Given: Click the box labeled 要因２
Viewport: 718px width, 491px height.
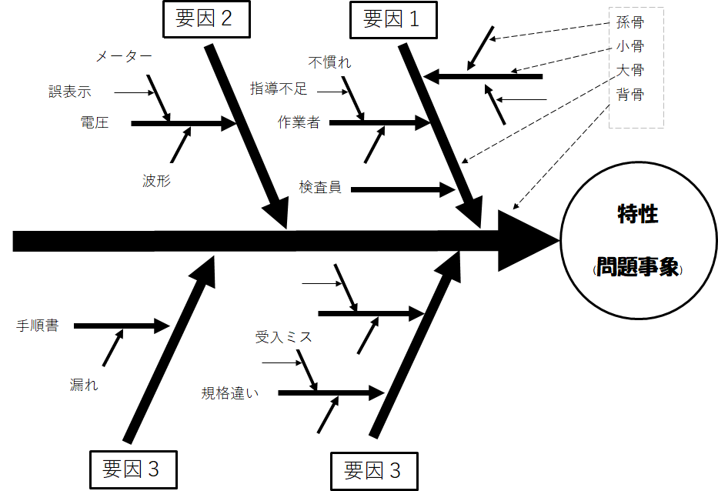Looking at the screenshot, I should coord(207,19).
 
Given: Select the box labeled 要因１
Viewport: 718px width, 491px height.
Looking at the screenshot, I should coord(392,19).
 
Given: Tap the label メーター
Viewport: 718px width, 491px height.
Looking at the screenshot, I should coord(123,57).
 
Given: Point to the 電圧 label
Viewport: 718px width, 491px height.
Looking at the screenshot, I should coord(94,122).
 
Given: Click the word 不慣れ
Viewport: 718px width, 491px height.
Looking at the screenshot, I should coord(329,62).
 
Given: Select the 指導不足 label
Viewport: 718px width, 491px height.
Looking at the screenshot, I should coord(279,89).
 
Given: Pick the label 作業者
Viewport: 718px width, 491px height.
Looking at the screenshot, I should coord(299,122).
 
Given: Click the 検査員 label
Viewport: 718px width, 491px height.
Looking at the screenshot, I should coord(320,188).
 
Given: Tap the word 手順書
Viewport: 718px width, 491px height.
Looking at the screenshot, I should coord(38,326).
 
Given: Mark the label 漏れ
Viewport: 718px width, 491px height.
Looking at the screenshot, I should coord(84,384).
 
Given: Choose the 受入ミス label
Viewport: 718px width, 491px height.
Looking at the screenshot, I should coord(283,337).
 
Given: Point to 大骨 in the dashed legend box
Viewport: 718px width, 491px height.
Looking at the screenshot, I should coord(630,70).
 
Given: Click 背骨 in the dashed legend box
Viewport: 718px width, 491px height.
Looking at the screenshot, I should coord(630,95).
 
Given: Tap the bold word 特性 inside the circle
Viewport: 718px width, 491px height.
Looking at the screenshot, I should coord(637,214).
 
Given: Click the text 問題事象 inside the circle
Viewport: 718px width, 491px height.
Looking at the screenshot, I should coord(637,267).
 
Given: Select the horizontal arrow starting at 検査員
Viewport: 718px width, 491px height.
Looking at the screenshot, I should coord(400,189).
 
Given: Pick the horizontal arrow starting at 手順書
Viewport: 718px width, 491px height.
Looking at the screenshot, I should coord(119,326).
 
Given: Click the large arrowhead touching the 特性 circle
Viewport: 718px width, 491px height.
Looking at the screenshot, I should coord(531,241).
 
